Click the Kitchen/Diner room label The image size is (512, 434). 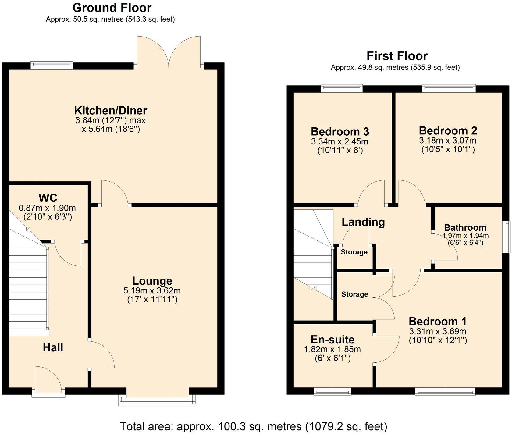(111, 110)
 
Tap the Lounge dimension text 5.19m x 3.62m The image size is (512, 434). (152, 290)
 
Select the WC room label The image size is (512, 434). (48, 198)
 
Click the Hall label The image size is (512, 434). (53, 347)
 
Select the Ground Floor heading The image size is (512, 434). (112, 8)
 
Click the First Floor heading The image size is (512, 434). (397, 56)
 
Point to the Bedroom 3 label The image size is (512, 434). (340, 132)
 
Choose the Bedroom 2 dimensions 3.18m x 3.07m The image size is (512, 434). (447, 141)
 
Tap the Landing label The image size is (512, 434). (363, 222)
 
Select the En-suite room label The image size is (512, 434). (332, 340)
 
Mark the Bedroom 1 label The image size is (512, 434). (437, 321)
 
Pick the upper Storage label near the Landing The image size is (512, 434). (354, 252)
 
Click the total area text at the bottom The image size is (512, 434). (253, 426)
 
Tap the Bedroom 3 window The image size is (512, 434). (342, 88)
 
